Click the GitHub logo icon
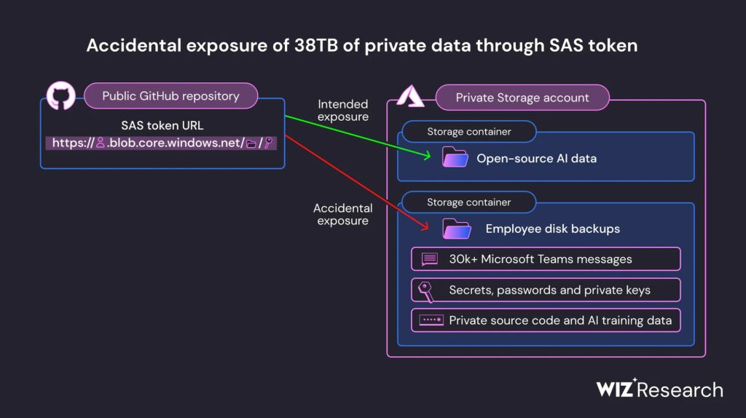[60, 96]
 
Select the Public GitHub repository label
[170, 96]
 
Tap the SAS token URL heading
[162, 125]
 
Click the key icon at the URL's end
[269, 143]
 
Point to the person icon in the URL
[101, 143]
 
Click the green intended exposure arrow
[357, 135]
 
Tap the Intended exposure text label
[342, 111]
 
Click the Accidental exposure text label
[342, 214]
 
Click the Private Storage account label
[522, 98]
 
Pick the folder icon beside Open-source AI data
[455, 158]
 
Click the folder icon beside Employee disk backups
[458, 229]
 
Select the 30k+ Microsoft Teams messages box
[546, 259]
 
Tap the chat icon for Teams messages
[429, 259]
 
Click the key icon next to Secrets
[427, 290]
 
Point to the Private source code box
[546, 320]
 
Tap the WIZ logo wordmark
[616, 389]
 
